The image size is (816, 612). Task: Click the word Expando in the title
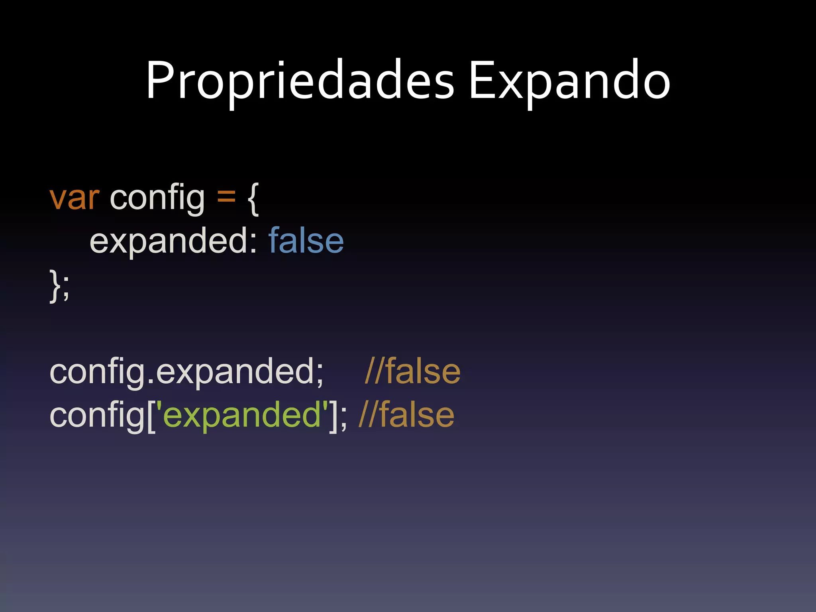pos(569,80)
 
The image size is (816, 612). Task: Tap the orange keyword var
pos(74,198)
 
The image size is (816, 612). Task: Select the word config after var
pos(157,198)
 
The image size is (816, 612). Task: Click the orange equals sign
pos(226,196)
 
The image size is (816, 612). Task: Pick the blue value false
pos(306,241)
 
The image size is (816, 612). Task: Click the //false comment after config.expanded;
pos(412,371)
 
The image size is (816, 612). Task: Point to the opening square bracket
pos(151,416)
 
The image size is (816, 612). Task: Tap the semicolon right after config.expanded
pos(319,375)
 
